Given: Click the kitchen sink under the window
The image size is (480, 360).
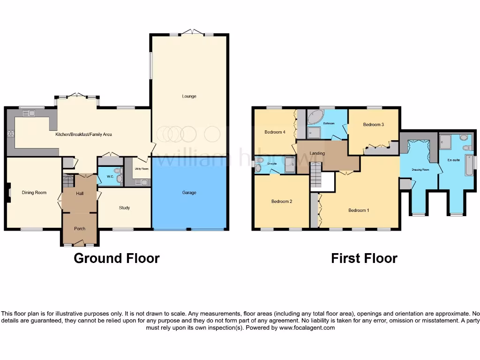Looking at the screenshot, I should [x=29, y=112].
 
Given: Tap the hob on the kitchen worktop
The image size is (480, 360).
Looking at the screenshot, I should [x=10, y=133].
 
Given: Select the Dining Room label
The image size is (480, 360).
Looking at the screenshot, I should [x=34, y=193].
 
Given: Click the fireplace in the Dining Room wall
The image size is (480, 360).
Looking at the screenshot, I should [x=9, y=192].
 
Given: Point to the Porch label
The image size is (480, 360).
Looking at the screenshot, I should [x=80, y=229].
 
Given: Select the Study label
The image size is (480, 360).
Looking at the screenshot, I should [x=124, y=208].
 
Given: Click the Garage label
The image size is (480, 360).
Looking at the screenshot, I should [x=189, y=193].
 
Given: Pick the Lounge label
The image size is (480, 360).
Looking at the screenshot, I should [x=189, y=96].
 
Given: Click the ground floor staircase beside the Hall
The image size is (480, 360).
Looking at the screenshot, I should [x=68, y=180].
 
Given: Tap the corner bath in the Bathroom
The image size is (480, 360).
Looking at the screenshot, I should [x=315, y=117].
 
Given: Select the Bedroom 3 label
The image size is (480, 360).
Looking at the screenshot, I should [x=374, y=125].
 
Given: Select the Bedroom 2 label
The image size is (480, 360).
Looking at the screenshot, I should [x=282, y=202].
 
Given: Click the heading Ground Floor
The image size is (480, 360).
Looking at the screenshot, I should [x=117, y=258].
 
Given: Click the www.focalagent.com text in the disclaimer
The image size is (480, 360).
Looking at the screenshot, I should [x=307, y=328].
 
